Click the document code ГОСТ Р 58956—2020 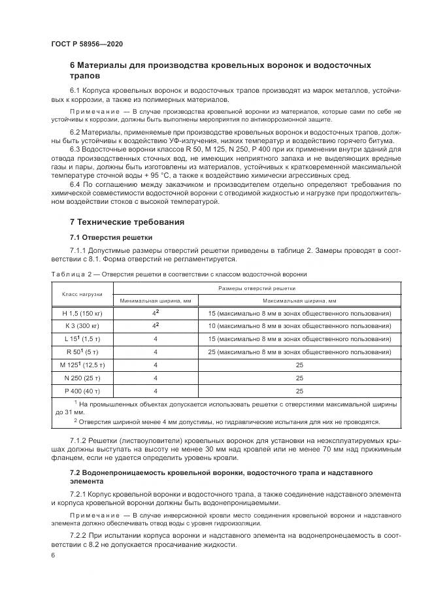coord(86,44)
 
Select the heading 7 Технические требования coord(127,222)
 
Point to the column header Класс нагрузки coord(80,294)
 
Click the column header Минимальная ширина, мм coord(156,301)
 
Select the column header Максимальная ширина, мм coord(299,301)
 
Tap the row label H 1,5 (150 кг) coord(80,314)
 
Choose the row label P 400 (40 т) coord(80,391)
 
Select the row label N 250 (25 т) coord(80,378)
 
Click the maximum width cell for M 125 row coord(299,365)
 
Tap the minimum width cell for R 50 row coord(156,352)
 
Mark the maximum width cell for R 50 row coord(299,352)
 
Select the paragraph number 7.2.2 coord(80,535)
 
